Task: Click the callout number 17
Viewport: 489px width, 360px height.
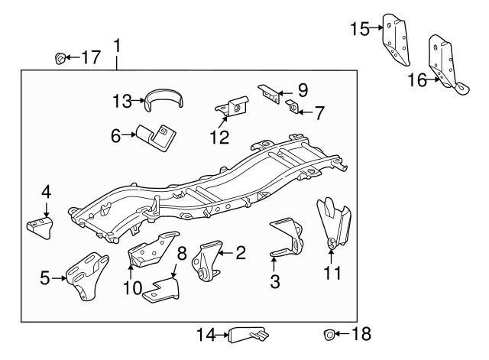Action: [90, 57]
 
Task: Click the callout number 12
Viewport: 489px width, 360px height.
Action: [220, 137]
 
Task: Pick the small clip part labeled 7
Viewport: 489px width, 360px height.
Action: [293, 105]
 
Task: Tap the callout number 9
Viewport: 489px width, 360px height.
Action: [303, 89]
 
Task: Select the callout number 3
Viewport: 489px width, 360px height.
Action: [274, 281]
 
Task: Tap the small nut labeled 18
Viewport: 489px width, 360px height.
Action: [328, 333]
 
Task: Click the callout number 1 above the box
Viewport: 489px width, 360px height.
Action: [117, 46]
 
